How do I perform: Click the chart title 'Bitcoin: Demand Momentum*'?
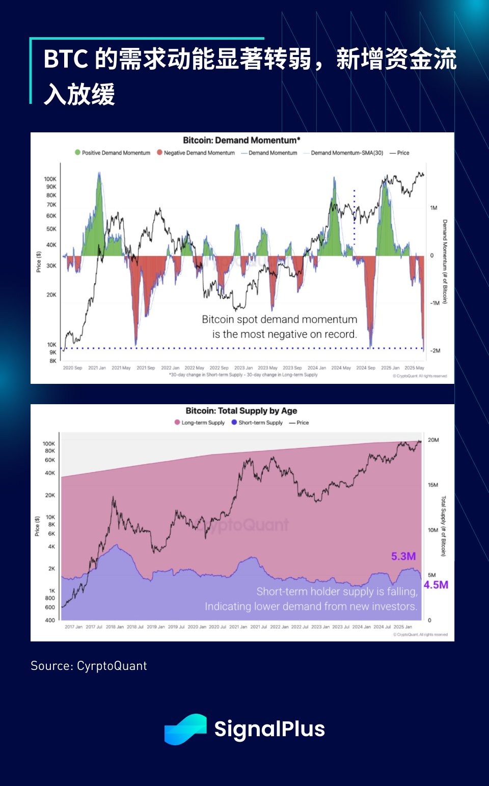pos(241,141)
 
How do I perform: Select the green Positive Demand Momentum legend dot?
pos(77,152)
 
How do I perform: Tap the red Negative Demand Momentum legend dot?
pos(159,152)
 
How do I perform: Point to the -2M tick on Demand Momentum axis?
pos(435,351)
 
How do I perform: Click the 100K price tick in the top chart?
pos(50,179)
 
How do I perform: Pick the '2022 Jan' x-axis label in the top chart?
pos(170,368)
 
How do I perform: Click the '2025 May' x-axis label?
pos(414,368)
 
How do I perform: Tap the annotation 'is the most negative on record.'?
pos(284,334)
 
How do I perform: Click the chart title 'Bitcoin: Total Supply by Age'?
pos(241,411)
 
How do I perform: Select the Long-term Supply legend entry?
pos(200,423)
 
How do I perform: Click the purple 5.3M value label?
pos(403,556)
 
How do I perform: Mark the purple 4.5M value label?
pos(436,585)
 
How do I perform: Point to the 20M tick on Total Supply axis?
pos(433,440)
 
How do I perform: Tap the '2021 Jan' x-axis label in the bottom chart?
pos(238,627)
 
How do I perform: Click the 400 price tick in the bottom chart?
pos(50,620)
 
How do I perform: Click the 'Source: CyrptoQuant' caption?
pos(89,666)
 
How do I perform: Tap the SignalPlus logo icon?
pos(185,729)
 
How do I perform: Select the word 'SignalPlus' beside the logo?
pos(269,729)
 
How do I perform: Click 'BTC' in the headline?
pos(66,59)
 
